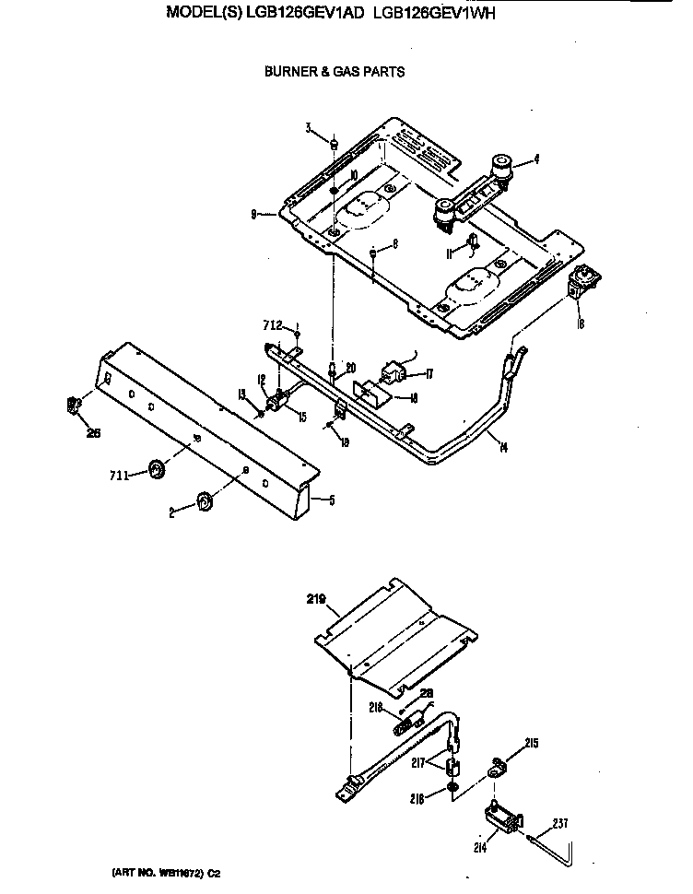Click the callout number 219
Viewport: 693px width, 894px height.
318,598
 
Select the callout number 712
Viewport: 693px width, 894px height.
270,324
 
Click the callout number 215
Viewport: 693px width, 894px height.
531,743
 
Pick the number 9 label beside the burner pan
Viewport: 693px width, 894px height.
253,214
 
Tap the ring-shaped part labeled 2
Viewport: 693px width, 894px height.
204,501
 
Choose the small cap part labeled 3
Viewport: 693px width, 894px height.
335,144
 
